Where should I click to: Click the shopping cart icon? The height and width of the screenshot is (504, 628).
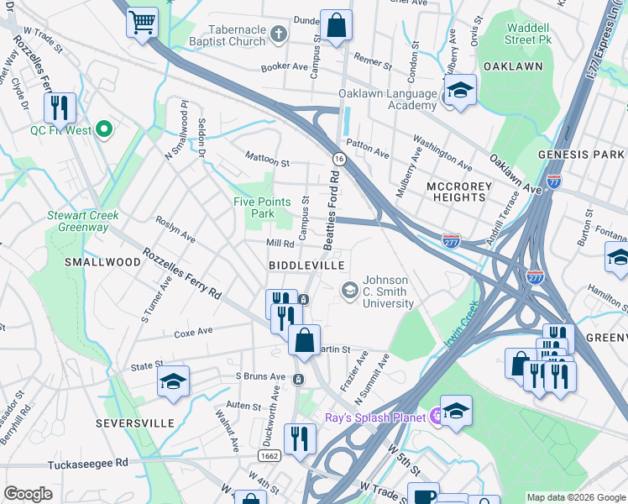click(x=143, y=22)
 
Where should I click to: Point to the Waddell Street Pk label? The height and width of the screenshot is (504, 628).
click(x=528, y=33)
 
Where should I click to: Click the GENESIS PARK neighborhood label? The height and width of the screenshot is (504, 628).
click(x=581, y=155)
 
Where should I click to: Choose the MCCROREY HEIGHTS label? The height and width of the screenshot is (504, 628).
click(x=456, y=191)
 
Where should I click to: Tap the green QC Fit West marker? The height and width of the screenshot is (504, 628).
click(x=104, y=129)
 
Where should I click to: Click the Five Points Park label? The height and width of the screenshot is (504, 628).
click(x=262, y=207)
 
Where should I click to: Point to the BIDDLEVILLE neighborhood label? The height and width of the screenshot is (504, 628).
click(x=306, y=265)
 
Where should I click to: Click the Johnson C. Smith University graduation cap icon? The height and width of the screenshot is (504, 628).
click(x=348, y=290)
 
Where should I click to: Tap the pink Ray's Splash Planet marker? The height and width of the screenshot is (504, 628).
click(x=436, y=415)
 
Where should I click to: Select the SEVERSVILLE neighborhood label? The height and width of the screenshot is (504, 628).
click(x=134, y=422)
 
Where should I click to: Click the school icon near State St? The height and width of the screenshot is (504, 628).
click(x=173, y=381)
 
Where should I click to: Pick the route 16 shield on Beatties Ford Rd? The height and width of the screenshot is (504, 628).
click(x=338, y=158)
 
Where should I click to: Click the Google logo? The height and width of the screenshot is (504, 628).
click(x=28, y=494)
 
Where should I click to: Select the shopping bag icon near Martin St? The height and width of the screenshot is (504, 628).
click(x=304, y=341)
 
